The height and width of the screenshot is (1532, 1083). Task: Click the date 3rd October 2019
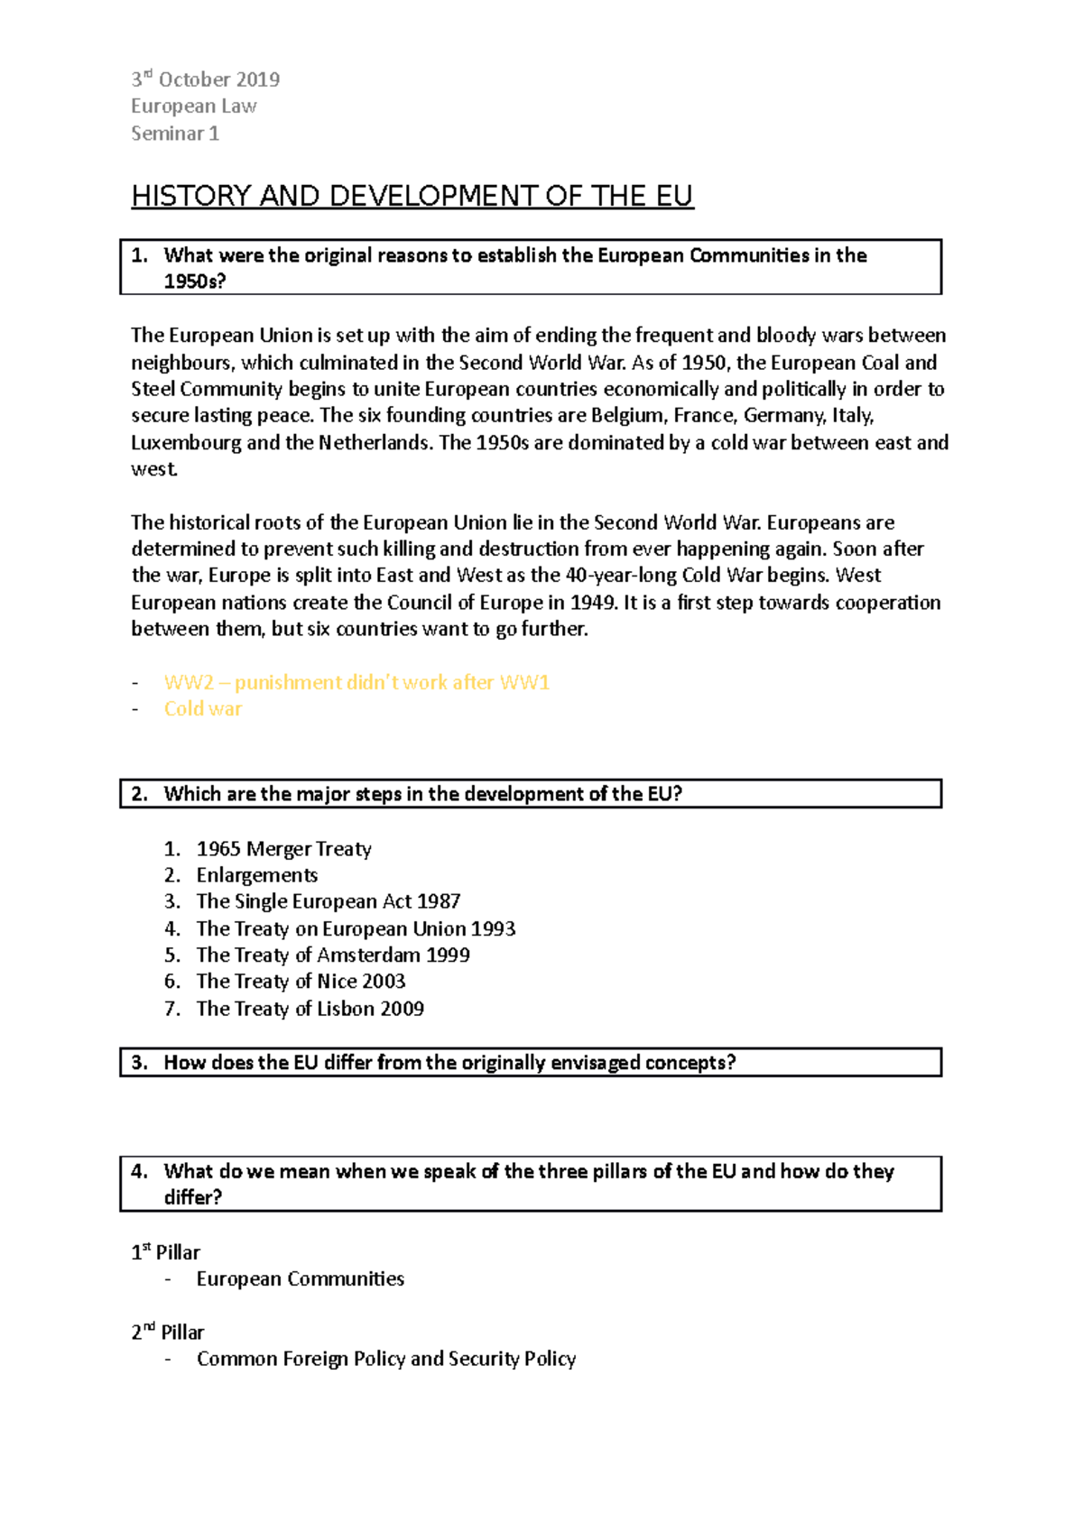point(205,80)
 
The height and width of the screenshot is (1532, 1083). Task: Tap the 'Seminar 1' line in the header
point(175,134)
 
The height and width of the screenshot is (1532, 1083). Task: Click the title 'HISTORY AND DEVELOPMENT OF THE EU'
point(412,196)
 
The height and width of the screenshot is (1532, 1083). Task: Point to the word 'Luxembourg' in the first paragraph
point(185,443)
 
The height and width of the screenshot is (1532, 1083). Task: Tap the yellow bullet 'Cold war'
point(203,709)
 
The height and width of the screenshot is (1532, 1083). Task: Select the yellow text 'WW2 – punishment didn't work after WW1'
point(356,683)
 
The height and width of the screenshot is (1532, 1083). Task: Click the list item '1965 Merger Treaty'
point(283,849)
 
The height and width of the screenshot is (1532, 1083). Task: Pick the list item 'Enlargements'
point(257,875)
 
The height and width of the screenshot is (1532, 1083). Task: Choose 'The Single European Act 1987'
point(329,901)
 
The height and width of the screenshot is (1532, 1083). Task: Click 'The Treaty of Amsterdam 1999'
point(333,955)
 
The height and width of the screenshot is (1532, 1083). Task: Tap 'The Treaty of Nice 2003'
point(301,982)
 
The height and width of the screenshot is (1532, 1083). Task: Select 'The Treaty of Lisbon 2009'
point(310,1009)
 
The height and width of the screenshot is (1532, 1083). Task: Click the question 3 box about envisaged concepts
point(531,1063)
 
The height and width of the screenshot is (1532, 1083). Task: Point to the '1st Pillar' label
point(166,1252)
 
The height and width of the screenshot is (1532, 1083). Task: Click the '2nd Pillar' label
point(168,1333)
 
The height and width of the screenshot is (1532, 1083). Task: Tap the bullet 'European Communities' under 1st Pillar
point(300,1279)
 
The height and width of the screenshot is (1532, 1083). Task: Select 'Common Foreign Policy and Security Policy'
point(386,1360)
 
